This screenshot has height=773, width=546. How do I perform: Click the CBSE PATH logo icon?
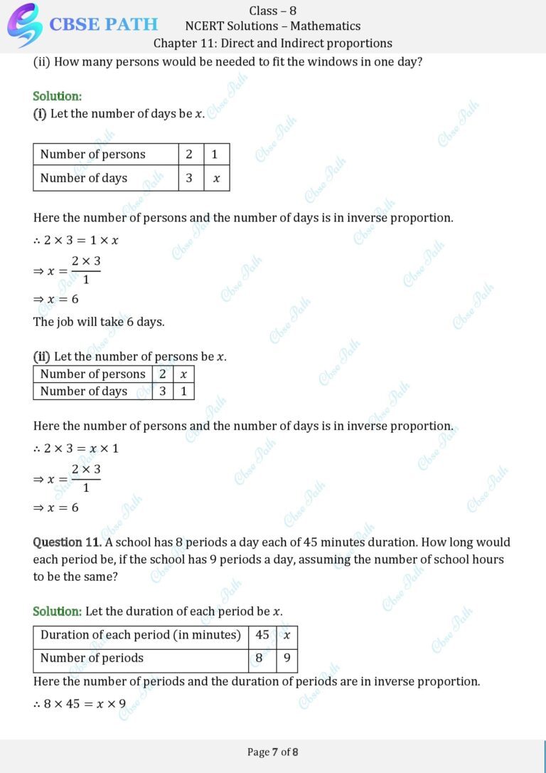click(x=24, y=24)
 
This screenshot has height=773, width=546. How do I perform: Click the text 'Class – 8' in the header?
click(x=272, y=10)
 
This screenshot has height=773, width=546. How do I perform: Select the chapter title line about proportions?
click(x=272, y=43)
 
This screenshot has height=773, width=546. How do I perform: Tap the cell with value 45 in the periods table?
click(x=262, y=634)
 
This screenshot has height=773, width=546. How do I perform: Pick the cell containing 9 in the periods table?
click(x=287, y=658)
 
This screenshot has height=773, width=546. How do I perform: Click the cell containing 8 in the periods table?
click(x=259, y=658)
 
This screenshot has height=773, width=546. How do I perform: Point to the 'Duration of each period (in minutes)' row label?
click(x=141, y=634)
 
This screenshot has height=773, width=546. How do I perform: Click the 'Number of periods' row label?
click(x=92, y=658)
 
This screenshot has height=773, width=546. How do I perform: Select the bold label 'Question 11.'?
click(x=67, y=542)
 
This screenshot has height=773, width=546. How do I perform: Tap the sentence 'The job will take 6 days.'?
click(x=99, y=322)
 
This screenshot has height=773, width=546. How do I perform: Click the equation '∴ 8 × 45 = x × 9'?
click(x=80, y=704)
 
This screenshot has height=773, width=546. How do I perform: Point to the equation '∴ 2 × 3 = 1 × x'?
click(x=76, y=240)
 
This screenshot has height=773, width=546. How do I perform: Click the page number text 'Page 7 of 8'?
click(x=272, y=752)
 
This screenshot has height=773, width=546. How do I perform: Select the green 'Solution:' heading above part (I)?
click(x=57, y=96)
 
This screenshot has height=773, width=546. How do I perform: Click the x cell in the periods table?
click(x=287, y=634)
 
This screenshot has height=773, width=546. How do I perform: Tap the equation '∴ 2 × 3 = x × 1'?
click(x=76, y=448)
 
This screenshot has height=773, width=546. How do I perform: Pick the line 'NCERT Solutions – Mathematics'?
click(x=272, y=26)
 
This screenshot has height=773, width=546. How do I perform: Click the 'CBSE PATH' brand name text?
click(x=104, y=24)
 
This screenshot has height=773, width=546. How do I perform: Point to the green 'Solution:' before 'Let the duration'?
click(x=57, y=611)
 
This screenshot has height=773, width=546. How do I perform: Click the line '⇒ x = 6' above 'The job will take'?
click(x=56, y=299)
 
